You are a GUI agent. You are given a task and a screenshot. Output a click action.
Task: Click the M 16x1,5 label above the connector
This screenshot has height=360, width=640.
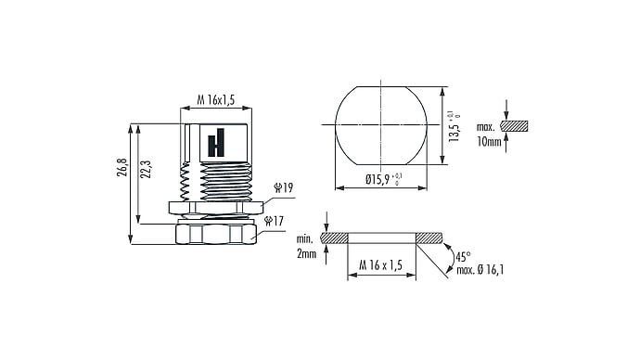pyautogui.click(x=216, y=100)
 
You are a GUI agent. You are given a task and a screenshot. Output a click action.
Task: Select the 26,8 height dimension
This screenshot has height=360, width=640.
pyautogui.click(x=122, y=167)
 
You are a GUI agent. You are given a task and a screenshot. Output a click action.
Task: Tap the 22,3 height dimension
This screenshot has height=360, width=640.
pyautogui.click(x=147, y=169)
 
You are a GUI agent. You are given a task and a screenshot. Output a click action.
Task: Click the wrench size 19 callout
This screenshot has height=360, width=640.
pyautogui.click(x=283, y=187)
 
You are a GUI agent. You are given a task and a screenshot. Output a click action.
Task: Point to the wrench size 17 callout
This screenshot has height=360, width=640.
pyautogui.click(x=274, y=221)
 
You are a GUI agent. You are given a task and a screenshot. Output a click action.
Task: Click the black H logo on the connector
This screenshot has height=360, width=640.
pyautogui.click(x=216, y=143)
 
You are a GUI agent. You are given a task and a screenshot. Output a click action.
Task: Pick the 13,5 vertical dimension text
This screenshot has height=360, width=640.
pyautogui.click(x=454, y=126)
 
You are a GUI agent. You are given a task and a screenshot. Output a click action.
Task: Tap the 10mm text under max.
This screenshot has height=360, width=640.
pyautogui.click(x=489, y=142)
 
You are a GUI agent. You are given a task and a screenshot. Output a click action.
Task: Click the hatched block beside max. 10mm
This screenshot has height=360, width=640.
pyautogui.click(x=514, y=126)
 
